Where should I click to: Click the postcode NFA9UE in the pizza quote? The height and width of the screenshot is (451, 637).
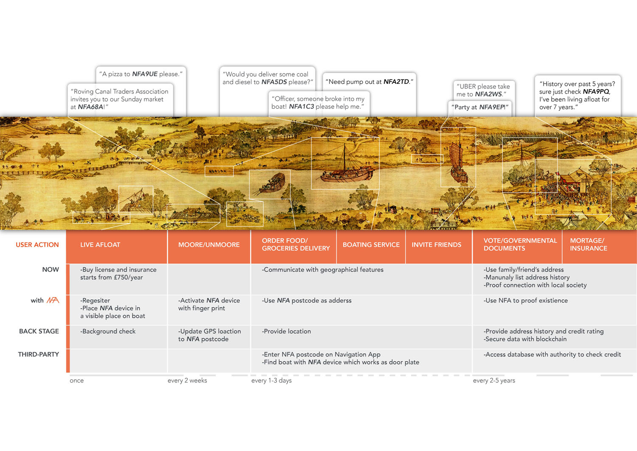click(144, 74)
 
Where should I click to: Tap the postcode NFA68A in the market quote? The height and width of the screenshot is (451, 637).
click(90, 107)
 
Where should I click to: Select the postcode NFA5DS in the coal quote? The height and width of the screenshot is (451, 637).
click(274, 82)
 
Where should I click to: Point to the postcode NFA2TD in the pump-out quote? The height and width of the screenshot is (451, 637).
click(396, 82)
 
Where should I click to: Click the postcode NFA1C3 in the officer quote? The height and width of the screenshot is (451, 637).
click(302, 107)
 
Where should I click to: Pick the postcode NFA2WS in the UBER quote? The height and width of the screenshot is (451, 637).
click(488, 94)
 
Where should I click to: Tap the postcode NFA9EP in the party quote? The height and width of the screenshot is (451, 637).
click(492, 107)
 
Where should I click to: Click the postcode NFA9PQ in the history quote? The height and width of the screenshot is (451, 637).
click(596, 92)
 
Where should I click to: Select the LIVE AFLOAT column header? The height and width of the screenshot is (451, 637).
click(100, 245)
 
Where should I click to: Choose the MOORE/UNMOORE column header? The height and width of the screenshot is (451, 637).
click(209, 245)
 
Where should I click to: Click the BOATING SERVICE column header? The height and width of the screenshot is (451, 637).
click(371, 245)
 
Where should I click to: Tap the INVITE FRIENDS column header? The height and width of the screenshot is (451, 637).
click(436, 245)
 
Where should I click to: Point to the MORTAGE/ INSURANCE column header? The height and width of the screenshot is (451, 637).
click(588, 244)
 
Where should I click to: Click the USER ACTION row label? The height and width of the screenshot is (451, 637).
click(37, 245)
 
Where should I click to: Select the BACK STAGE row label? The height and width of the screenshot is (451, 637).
click(39, 331)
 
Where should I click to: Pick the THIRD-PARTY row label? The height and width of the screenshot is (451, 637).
click(38, 355)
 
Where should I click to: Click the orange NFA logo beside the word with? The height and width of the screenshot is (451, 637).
click(53, 301)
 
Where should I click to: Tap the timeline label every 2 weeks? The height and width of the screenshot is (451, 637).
click(187, 380)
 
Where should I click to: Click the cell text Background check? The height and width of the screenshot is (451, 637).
click(109, 332)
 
